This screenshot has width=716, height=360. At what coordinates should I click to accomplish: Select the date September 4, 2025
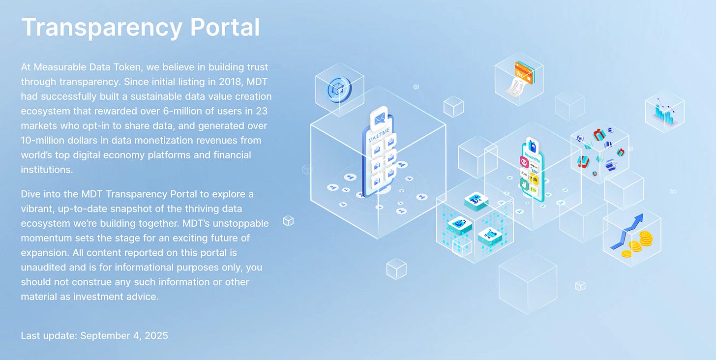pos(124,336)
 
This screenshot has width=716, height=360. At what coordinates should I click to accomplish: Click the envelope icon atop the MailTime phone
pos(379,119)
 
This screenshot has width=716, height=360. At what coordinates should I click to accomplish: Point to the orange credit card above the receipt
pos(524,71)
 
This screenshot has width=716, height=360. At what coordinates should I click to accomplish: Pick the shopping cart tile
pos(489,236)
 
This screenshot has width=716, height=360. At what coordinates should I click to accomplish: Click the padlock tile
pos(460,224)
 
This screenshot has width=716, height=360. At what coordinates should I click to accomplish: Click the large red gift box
pos(599,135)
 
